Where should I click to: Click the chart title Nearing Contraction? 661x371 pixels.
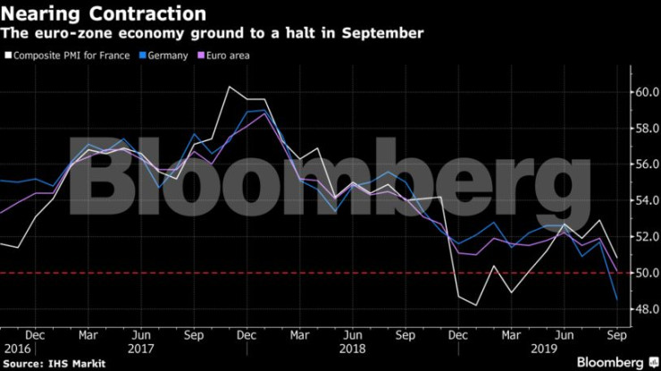coord(105,13)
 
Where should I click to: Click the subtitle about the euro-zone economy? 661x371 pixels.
coord(213,34)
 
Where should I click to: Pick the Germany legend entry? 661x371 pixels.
coord(164,55)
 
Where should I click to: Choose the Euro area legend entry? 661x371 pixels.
coord(224,55)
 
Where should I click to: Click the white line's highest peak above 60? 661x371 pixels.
coord(230,87)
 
